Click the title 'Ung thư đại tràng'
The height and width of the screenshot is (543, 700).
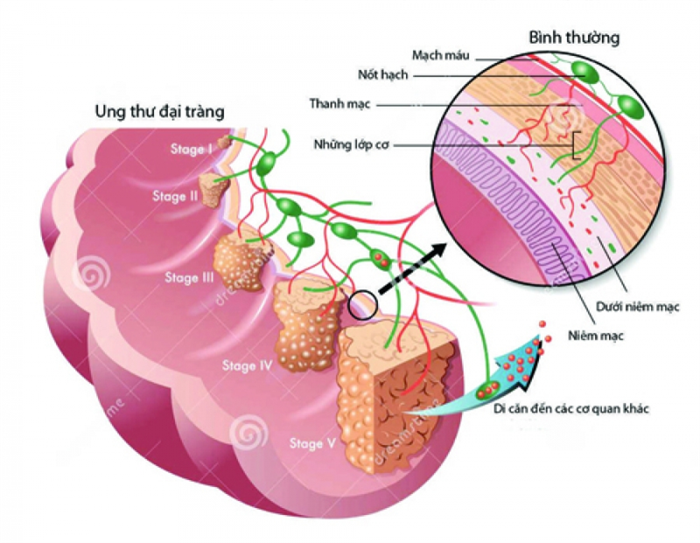(161, 111)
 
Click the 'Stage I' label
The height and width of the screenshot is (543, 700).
(192, 150)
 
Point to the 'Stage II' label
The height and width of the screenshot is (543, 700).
(175, 196)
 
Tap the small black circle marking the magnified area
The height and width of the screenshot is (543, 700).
(363, 304)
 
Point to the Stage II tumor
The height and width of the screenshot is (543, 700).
(213, 188)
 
